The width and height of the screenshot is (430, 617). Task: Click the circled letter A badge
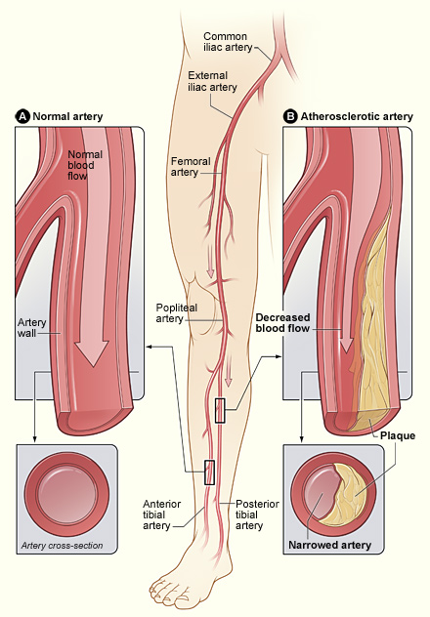pos(22,116)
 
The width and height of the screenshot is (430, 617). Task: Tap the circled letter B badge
pos(290,116)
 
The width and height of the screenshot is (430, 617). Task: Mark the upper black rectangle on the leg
pos(221,411)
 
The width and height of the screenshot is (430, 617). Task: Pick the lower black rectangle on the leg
pos(207,472)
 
